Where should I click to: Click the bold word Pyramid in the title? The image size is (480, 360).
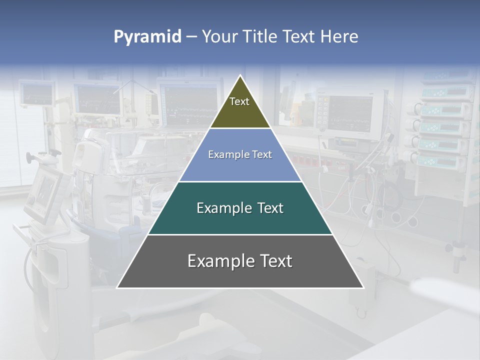[147, 37]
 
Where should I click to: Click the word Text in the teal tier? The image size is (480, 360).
[269, 208]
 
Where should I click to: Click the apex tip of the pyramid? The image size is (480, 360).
[240, 76]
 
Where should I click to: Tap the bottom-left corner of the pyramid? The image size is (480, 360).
[117, 287]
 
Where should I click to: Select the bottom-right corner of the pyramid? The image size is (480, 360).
[363, 287]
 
